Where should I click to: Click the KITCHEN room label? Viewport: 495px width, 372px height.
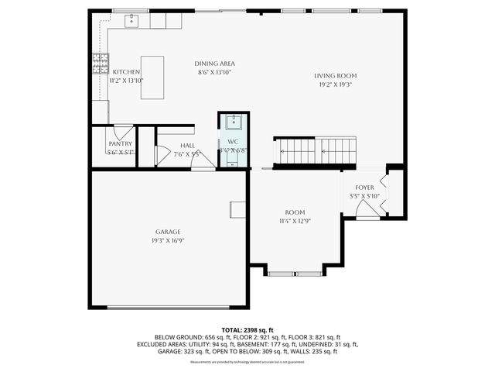[126, 71]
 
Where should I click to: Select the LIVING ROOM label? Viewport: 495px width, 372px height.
[335, 76]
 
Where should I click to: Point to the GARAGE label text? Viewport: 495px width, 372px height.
[168, 232]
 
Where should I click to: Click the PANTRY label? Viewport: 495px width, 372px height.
[120, 143]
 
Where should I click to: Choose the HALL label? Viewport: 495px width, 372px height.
[187, 145]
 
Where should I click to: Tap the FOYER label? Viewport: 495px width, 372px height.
[364, 188]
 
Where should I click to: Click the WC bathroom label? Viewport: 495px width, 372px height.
[233, 141]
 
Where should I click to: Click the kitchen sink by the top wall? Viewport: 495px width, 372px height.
[131, 19]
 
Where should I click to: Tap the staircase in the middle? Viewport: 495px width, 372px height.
[315, 150]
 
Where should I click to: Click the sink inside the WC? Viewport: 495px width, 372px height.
[233, 122]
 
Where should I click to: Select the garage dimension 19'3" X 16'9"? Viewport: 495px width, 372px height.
[168, 241]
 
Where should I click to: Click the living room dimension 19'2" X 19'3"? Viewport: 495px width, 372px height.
[335, 84]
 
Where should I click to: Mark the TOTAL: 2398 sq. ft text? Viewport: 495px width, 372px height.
[247, 329]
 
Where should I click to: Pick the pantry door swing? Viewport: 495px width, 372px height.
[124, 130]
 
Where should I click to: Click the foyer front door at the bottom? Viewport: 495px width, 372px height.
[367, 212]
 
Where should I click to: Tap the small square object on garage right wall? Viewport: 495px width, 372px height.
[237, 209]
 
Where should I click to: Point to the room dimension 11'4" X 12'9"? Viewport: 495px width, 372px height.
[295, 221]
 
